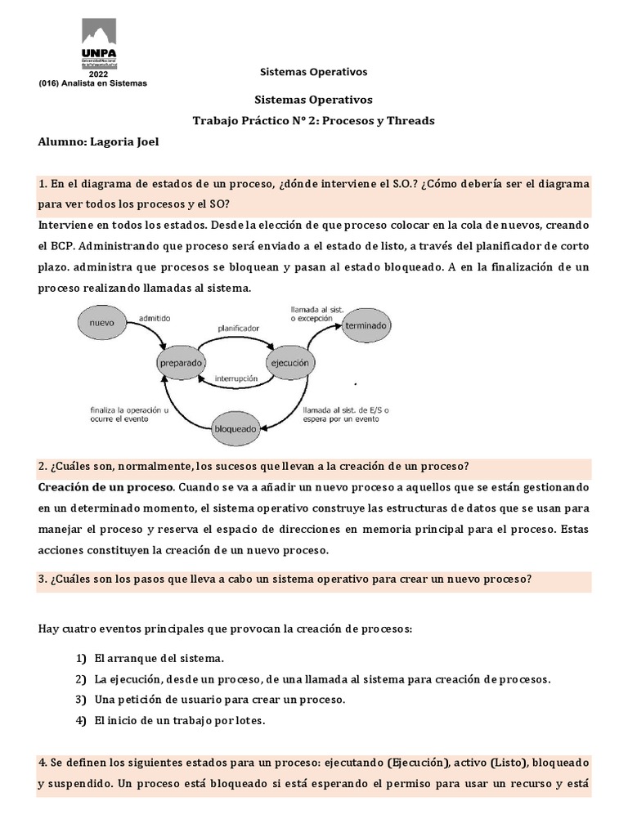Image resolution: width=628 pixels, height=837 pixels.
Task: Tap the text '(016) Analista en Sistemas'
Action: (92, 83)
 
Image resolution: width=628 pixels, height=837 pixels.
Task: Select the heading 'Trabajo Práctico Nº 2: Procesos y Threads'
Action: (313, 120)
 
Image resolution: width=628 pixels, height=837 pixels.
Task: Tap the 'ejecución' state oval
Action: (291, 360)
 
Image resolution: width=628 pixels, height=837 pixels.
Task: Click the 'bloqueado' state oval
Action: (235, 427)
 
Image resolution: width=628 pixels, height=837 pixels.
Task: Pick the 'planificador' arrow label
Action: (238, 329)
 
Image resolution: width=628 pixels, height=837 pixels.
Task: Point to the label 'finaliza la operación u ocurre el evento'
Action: (129, 414)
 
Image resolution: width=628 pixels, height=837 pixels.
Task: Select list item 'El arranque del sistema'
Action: (159, 658)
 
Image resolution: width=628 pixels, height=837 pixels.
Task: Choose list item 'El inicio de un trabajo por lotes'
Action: (179, 720)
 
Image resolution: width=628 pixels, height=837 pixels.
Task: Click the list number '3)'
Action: (80, 700)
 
